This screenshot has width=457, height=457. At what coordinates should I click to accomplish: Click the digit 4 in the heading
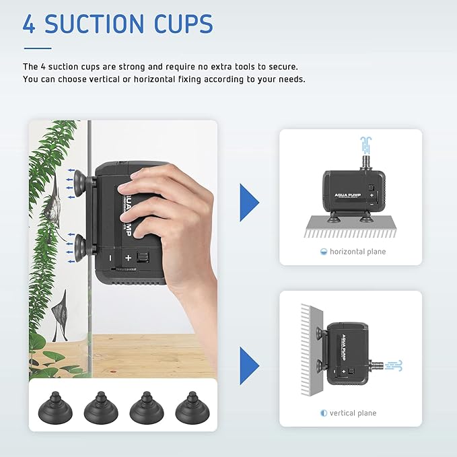[x=29, y=24]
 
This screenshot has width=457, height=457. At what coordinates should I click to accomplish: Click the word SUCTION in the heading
[x=94, y=24]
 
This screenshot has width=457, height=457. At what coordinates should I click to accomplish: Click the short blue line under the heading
[x=38, y=48]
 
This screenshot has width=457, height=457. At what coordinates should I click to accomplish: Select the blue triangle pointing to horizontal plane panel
[x=249, y=203]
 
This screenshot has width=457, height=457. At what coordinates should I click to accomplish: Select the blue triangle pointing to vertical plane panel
[x=249, y=365]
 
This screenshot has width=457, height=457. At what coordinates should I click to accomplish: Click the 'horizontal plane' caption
[x=357, y=252]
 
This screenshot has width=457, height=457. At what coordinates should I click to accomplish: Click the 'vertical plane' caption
[x=353, y=413]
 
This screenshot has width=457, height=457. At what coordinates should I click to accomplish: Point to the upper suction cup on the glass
[x=79, y=184]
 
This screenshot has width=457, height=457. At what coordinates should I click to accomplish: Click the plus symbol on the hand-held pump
[x=129, y=258]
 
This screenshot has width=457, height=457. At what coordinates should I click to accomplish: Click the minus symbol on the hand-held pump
[x=110, y=258]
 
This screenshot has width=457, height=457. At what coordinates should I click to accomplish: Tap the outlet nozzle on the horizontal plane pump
[x=365, y=163]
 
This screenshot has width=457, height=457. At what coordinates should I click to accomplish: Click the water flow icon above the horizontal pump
[x=365, y=145]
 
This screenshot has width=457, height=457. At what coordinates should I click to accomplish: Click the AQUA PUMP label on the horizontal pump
[x=348, y=195]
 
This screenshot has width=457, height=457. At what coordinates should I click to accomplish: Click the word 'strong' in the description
[x=132, y=67]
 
